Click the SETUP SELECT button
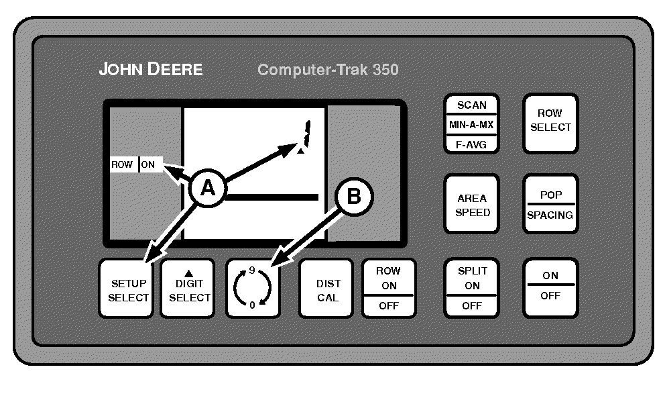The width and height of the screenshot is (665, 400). click(x=128, y=289)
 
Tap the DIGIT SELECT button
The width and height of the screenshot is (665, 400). click(x=189, y=289)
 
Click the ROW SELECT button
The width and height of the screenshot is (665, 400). click(x=550, y=121)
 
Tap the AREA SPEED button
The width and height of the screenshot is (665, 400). click(x=473, y=205)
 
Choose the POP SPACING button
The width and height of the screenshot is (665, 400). click(x=550, y=205)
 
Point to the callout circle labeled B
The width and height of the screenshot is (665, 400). click(x=353, y=197)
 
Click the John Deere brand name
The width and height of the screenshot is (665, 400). click(x=151, y=69)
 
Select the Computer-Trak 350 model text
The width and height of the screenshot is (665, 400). click(x=328, y=70)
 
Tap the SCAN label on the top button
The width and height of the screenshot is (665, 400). click(x=472, y=105)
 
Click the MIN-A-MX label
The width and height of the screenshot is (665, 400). click(x=472, y=125)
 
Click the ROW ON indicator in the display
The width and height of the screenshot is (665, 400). click(x=136, y=164)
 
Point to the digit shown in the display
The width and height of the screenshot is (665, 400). click(x=306, y=134)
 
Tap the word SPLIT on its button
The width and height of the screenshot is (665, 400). click(x=473, y=271)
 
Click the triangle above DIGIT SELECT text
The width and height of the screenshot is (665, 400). click(x=188, y=273)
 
